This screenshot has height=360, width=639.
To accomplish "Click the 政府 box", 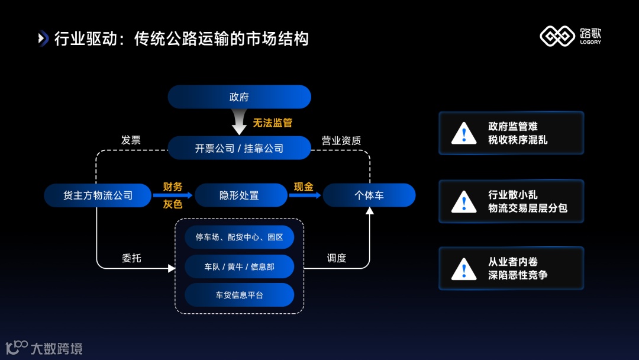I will coord(239,97).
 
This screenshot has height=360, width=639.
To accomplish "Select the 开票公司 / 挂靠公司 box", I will coord(239,148).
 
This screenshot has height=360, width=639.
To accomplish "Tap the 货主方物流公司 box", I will coord(98,195).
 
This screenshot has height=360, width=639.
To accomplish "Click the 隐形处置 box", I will coord(239,195).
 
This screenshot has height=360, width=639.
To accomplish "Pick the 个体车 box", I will coord(369,195).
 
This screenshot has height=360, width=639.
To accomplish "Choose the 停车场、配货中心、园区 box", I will coord(239,237).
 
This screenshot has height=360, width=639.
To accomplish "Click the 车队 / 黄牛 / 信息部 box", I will coord(239,266).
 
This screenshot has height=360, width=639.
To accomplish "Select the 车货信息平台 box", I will coord(239,295).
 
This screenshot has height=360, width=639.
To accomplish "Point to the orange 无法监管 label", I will coord(273,123).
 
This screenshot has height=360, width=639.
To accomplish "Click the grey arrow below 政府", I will coord(239,123).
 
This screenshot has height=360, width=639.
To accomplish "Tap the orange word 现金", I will coord(304,187).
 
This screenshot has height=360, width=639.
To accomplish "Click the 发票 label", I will coord(131,140).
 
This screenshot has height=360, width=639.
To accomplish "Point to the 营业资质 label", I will coord(341,140).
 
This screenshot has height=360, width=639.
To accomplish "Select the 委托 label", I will coord(131,258).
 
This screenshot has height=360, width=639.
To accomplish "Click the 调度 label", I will coord(337,258).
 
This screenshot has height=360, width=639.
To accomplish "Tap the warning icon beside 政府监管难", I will coord(464,133).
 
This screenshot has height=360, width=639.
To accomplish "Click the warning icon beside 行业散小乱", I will coord(464,201).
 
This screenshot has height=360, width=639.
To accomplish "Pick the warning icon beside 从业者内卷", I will coord(464,268).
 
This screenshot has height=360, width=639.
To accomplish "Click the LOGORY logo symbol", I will coord(557,37).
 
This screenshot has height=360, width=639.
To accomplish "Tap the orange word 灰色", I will coord(173,204).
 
